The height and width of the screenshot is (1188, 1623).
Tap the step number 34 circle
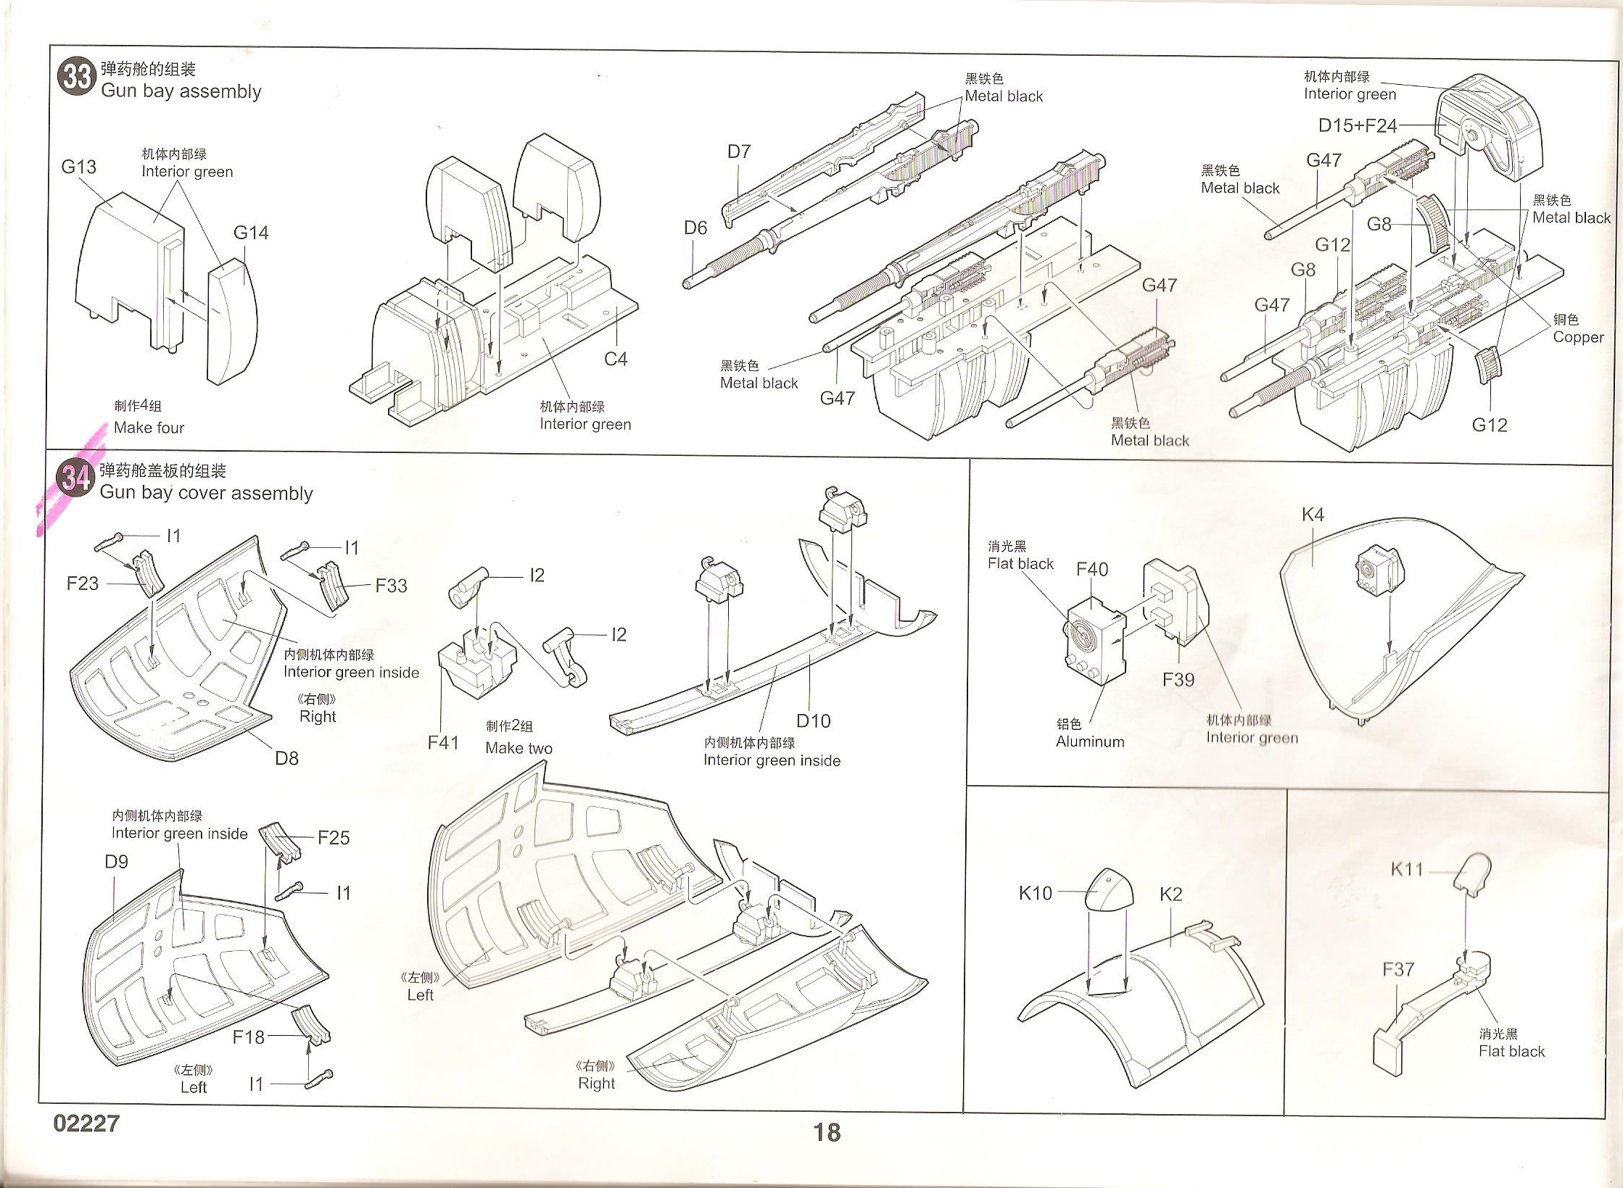(75, 478)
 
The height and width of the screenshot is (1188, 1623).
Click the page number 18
(826, 1131)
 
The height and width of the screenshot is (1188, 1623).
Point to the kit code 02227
(86, 1123)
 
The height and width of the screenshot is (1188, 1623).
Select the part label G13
(78, 167)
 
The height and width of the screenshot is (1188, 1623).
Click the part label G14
(251, 233)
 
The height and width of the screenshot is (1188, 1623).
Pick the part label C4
(616, 359)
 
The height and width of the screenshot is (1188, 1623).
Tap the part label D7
(739, 151)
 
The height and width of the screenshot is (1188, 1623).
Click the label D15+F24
(1357, 125)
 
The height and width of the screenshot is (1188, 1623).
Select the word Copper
(1578, 337)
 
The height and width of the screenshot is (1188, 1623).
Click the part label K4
(1313, 515)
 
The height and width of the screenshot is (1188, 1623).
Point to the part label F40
(1092, 570)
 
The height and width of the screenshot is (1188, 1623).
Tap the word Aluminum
(1090, 742)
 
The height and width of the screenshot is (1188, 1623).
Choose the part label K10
(1035, 893)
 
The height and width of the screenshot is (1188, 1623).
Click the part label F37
(1398, 969)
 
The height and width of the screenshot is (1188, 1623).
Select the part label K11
(1407, 869)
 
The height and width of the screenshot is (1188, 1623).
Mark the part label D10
(813, 720)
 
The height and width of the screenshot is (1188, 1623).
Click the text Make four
(149, 428)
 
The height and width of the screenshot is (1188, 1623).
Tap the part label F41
(443, 742)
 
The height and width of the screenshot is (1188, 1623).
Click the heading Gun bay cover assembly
(207, 494)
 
